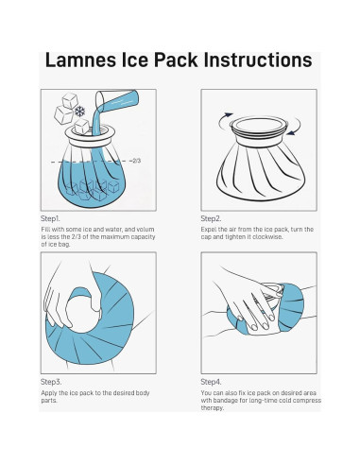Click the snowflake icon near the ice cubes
[80, 112]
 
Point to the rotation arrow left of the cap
[223, 118]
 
